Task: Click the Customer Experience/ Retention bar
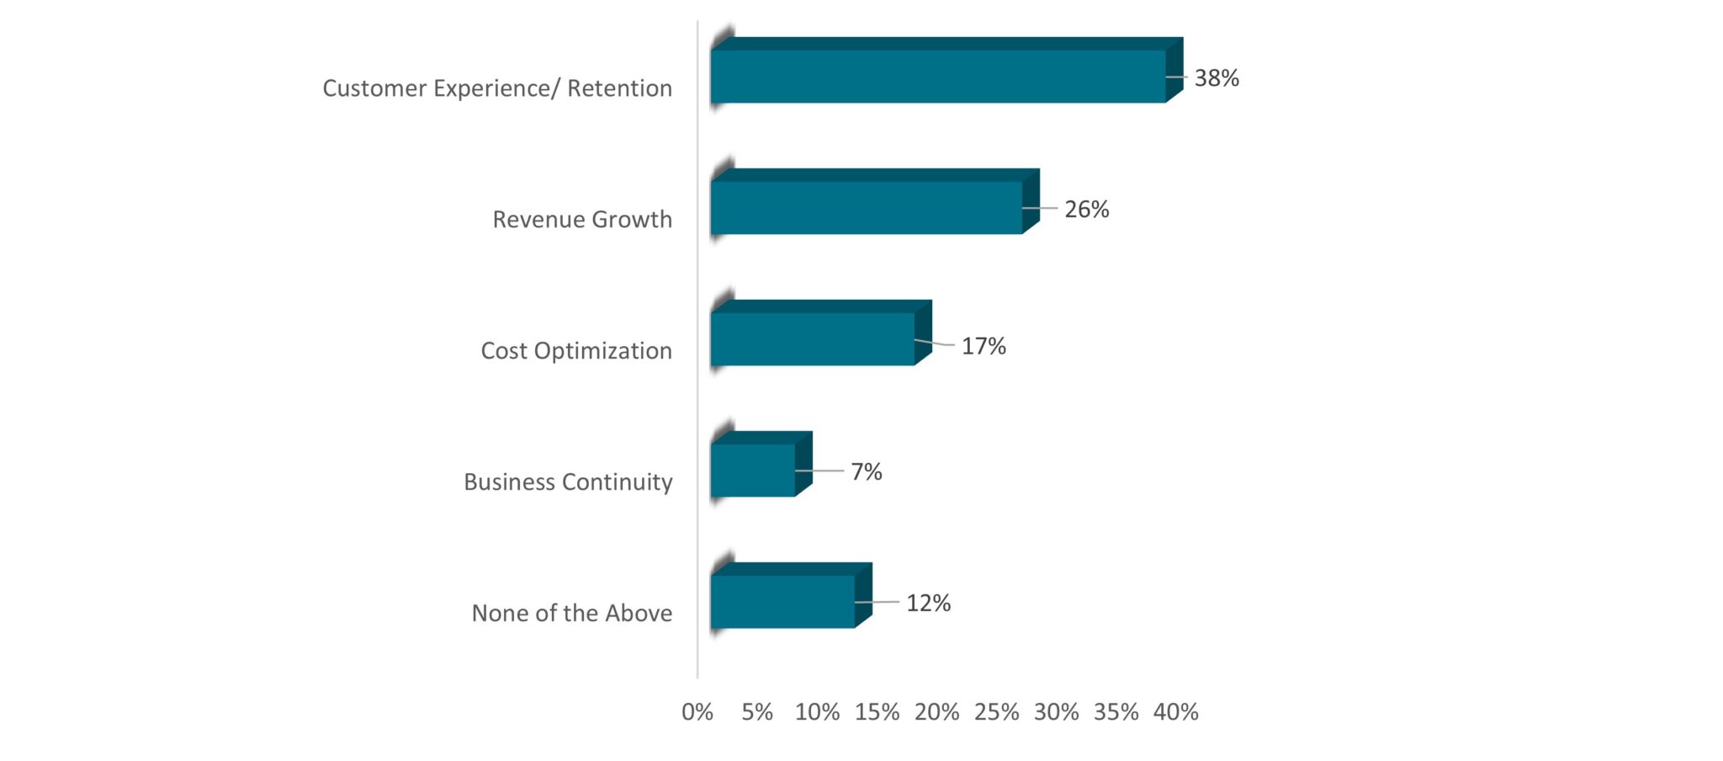(938, 76)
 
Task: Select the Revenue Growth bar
(867, 207)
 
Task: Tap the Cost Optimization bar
(813, 338)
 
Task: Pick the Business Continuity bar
(753, 470)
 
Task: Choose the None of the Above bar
(782, 601)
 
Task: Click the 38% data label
(1217, 78)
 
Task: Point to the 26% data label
(1086, 210)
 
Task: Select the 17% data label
(983, 346)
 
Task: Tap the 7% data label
(866, 471)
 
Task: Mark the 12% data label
(928, 603)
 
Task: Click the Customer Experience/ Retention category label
(497, 88)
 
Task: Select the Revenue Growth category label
(582, 220)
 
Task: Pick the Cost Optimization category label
(576, 351)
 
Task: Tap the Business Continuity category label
(568, 482)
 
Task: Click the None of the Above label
(571, 614)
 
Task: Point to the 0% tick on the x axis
(697, 712)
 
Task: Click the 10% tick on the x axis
(817, 712)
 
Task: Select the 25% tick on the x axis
(996, 712)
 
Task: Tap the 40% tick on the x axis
(1175, 712)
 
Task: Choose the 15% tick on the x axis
(877, 712)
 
